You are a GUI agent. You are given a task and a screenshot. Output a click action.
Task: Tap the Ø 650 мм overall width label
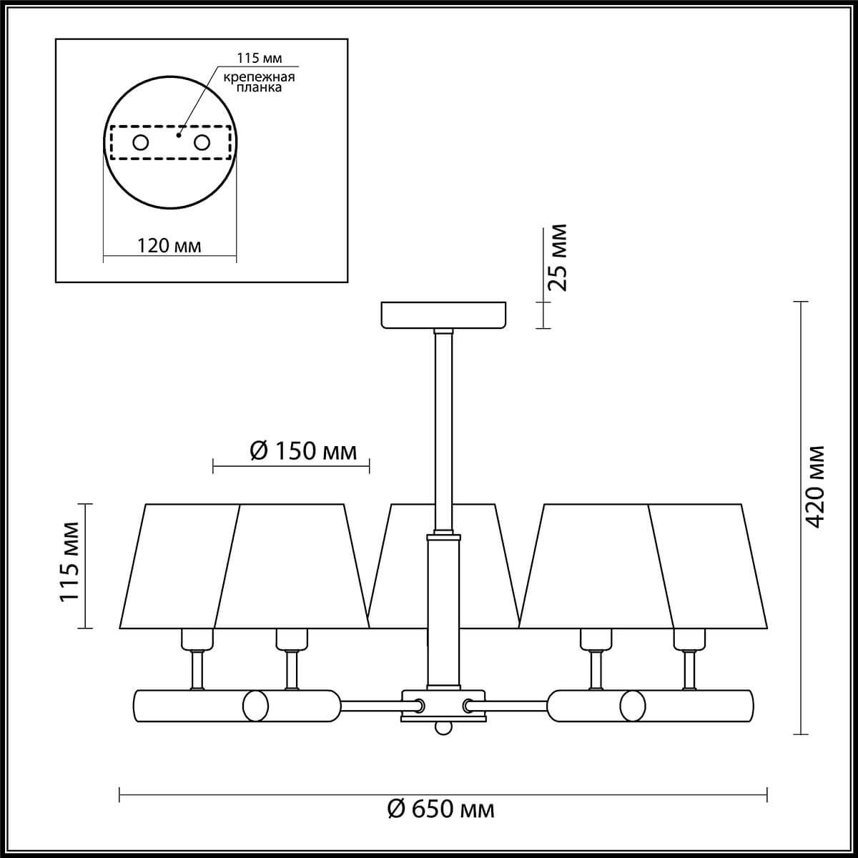[440, 809]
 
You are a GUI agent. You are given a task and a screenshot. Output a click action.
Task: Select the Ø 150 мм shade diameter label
[303, 451]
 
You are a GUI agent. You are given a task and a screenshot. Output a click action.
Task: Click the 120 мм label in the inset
[169, 246]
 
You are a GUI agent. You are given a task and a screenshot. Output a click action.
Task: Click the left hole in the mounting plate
[140, 142]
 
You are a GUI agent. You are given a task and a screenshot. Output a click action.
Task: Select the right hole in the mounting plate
[202, 142]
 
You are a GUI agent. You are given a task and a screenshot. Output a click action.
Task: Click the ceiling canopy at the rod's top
[443, 315]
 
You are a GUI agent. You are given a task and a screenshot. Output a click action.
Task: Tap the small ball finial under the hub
[443, 727]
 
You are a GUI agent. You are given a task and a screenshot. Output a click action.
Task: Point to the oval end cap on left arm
[255, 705]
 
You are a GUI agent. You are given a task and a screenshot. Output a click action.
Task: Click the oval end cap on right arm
[632, 705]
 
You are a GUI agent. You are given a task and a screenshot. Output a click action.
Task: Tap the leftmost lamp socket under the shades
[197, 638]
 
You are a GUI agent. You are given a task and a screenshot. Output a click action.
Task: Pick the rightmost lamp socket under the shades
[689, 638]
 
